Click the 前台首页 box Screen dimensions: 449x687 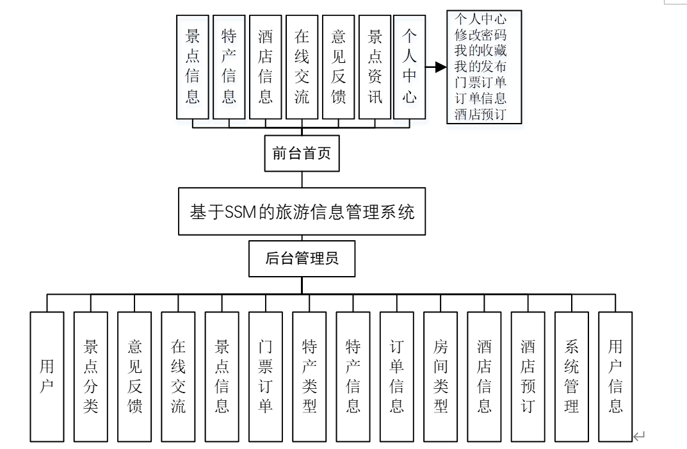click(x=302, y=154)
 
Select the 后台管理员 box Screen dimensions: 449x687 click(x=302, y=259)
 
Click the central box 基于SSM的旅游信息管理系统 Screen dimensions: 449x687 click(x=302, y=211)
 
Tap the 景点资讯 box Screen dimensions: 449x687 click(x=375, y=67)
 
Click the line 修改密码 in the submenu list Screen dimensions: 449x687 click(x=480, y=35)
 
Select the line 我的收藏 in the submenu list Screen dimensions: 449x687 click(x=480, y=51)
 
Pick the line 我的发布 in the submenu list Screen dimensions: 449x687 click(x=480, y=67)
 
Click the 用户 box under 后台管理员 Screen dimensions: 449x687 click(x=47, y=377)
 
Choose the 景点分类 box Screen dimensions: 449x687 click(x=90, y=377)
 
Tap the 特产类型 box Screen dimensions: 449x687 click(x=309, y=377)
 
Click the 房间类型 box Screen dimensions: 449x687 click(x=440, y=377)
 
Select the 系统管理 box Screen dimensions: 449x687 click(x=571, y=377)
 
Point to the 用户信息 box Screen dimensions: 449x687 click(x=615, y=377)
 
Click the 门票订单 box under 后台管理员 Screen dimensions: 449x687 click(x=266, y=377)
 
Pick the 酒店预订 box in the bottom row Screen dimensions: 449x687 click(x=528, y=377)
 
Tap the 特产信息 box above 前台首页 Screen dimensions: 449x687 click(x=229, y=67)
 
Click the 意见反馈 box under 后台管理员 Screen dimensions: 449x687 click(x=134, y=377)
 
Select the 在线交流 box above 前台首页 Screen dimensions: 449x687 click(x=302, y=67)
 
